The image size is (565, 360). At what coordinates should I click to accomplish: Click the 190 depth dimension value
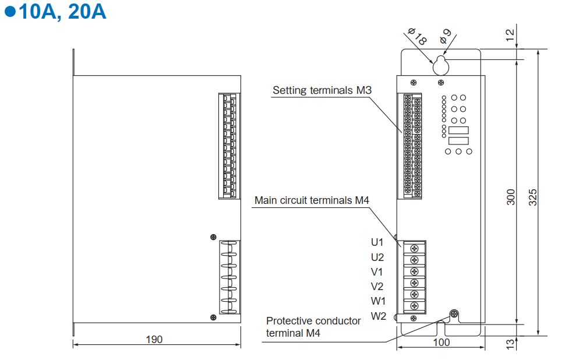point(154,339)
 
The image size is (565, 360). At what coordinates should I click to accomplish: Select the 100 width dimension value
point(442,342)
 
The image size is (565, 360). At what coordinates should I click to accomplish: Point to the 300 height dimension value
point(511,199)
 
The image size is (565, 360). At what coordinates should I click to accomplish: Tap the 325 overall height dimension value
point(532,199)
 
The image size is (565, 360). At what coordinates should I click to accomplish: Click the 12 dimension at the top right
point(511,36)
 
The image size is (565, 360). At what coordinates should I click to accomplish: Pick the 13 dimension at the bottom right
point(511,344)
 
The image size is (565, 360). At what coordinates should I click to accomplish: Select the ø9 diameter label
point(446,37)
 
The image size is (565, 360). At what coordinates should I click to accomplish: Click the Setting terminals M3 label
point(322,90)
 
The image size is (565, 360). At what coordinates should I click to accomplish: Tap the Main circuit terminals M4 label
point(312,200)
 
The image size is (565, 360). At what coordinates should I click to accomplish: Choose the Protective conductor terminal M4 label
point(313,327)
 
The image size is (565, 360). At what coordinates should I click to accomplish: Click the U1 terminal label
point(377,242)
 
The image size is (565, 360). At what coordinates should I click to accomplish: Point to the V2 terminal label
point(377,286)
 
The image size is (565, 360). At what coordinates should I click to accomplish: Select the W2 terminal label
point(378,316)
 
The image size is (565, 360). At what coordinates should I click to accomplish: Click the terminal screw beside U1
point(414,248)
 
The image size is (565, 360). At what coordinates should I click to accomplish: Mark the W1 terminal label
point(378,301)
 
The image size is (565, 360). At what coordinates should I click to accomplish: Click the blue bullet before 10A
point(9,12)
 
